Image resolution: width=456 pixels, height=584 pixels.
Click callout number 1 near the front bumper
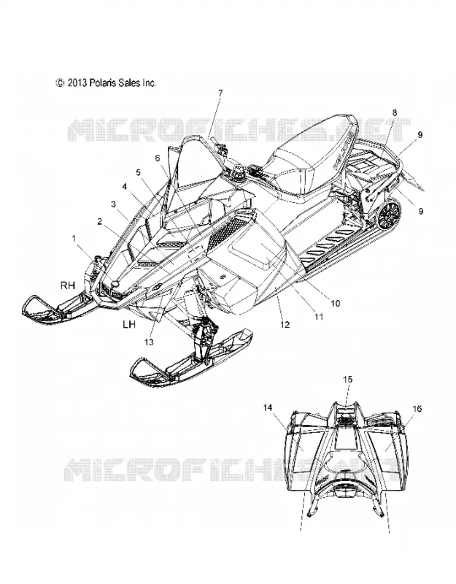(x=74, y=238)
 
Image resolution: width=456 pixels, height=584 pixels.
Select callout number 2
(x=99, y=222)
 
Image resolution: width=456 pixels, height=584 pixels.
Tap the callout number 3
(x=113, y=204)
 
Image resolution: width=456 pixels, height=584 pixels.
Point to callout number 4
(x=125, y=185)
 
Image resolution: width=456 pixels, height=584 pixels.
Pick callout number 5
(x=138, y=172)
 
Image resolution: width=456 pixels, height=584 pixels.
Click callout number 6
(x=158, y=158)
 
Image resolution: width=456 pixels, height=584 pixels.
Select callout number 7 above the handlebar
(x=220, y=93)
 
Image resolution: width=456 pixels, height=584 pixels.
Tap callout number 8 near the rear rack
(x=395, y=112)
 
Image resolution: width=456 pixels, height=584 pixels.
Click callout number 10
(x=336, y=304)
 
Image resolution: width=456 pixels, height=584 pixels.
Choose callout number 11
(x=319, y=317)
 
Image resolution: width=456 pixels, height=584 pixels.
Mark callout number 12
(x=285, y=325)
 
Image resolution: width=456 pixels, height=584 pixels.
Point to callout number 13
(x=149, y=342)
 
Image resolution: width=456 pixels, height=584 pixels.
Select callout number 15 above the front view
(x=348, y=380)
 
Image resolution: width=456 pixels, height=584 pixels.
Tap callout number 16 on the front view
(x=417, y=409)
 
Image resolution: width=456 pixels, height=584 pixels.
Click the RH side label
(x=68, y=285)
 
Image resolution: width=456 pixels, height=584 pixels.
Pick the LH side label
(x=129, y=324)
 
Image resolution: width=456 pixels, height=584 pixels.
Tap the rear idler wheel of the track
(x=390, y=214)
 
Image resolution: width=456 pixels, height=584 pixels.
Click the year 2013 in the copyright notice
(x=77, y=82)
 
